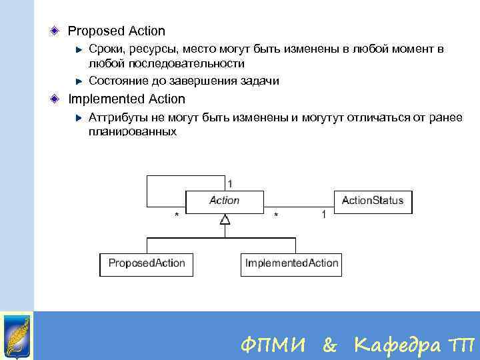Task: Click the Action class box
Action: [x=224, y=201]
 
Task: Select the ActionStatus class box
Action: [x=372, y=201]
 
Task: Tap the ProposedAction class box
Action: [x=147, y=263]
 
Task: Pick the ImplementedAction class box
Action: [x=291, y=263]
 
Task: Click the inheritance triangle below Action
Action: [x=225, y=219]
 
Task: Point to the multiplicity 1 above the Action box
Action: [x=230, y=183]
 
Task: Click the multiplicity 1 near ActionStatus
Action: [x=324, y=215]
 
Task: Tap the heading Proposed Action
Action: [x=117, y=31]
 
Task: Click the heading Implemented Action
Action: [x=127, y=99]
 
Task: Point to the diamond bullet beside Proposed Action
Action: [x=56, y=31]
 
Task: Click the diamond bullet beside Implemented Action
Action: [x=56, y=99]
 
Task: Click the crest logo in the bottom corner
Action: [x=17, y=335]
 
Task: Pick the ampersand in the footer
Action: [x=329, y=345]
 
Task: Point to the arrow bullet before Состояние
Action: [x=79, y=81]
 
